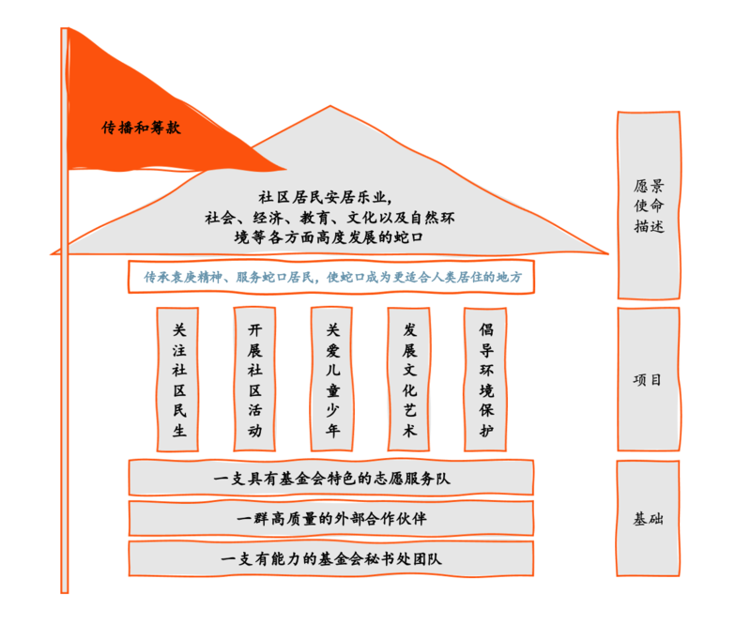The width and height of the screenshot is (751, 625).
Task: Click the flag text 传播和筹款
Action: [x=141, y=128]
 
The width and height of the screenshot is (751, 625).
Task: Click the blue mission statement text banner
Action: [x=330, y=277]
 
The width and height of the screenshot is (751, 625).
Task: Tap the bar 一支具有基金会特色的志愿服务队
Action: [x=330, y=479]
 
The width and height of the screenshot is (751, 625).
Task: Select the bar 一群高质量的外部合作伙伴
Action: [x=330, y=518]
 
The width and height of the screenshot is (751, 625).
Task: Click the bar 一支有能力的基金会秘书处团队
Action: [x=330, y=559]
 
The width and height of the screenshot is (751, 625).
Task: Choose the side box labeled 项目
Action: [x=648, y=380]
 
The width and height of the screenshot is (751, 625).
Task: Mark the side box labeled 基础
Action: [x=648, y=518]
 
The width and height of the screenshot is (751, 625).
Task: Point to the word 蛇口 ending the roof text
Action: [x=412, y=237]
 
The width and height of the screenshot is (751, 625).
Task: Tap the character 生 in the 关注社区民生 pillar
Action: [x=179, y=431]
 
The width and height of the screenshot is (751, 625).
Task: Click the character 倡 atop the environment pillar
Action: [x=485, y=329]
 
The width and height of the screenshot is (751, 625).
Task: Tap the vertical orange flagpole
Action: [x=65, y=375]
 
